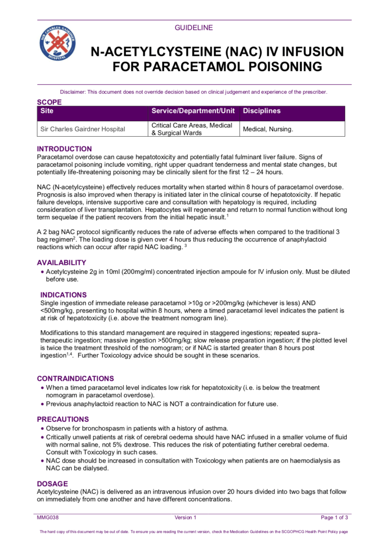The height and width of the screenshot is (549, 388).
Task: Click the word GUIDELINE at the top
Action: pyautogui.click(x=193, y=27)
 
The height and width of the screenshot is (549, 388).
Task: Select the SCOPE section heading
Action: pyautogui.click(x=49, y=102)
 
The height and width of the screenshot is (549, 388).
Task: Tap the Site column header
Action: pyautogui.click(x=47, y=112)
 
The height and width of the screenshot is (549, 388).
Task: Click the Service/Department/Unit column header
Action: pyautogui.click(x=193, y=112)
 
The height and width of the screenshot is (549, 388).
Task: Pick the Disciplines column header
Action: pyautogui.click(x=262, y=112)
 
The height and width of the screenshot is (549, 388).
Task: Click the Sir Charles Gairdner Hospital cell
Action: pyautogui.click(x=83, y=129)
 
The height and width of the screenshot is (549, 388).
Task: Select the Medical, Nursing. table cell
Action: pyautogui.click(x=268, y=129)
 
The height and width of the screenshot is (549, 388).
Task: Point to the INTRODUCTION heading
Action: pyautogui.click(x=64, y=149)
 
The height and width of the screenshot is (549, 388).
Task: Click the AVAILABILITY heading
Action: pyautogui.click(x=62, y=263)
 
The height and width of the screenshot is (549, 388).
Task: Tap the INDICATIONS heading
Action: pyautogui.click(x=64, y=295)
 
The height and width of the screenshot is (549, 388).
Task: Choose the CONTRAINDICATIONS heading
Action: pyautogui.click(x=76, y=379)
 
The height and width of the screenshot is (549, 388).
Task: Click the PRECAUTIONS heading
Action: pyautogui.click(x=63, y=419)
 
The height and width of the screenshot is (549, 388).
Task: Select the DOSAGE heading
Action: pyautogui.click(x=53, y=484)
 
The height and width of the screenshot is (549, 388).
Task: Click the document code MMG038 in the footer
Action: pyautogui.click(x=47, y=517)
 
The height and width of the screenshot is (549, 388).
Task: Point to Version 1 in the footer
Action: pyautogui.click(x=186, y=517)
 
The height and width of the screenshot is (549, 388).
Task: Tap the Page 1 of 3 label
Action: pyautogui.click(x=334, y=517)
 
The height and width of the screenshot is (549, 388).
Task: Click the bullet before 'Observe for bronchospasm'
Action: pyautogui.click(x=42, y=428)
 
